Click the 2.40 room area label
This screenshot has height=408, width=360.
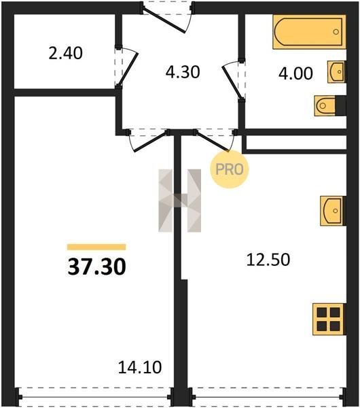click(x=65, y=53)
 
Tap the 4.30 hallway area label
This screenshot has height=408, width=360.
click(x=183, y=72)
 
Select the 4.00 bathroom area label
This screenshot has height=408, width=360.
click(x=295, y=73)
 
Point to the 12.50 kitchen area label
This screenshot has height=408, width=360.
click(x=268, y=260)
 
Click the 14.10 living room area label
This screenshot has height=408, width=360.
click(x=140, y=367)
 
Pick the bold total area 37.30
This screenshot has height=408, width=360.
click(x=96, y=267)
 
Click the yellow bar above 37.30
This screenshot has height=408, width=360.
click(x=96, y=247)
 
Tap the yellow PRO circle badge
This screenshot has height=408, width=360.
click(x=230, y=169)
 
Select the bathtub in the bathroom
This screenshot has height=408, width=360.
click(x=309, y=32)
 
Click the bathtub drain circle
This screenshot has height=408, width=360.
click(x=336, y=32)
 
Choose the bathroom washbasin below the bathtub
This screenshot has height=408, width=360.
click(x=337, y=72)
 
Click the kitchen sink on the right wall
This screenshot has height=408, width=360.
click(x=333, y=211)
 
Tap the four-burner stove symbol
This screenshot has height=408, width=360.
click(x=329, y=320)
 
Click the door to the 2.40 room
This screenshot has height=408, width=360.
click(x=128, y=67)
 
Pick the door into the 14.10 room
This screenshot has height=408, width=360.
click(x=150, y=141)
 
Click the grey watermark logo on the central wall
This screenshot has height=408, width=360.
click(x=179, y=201)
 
